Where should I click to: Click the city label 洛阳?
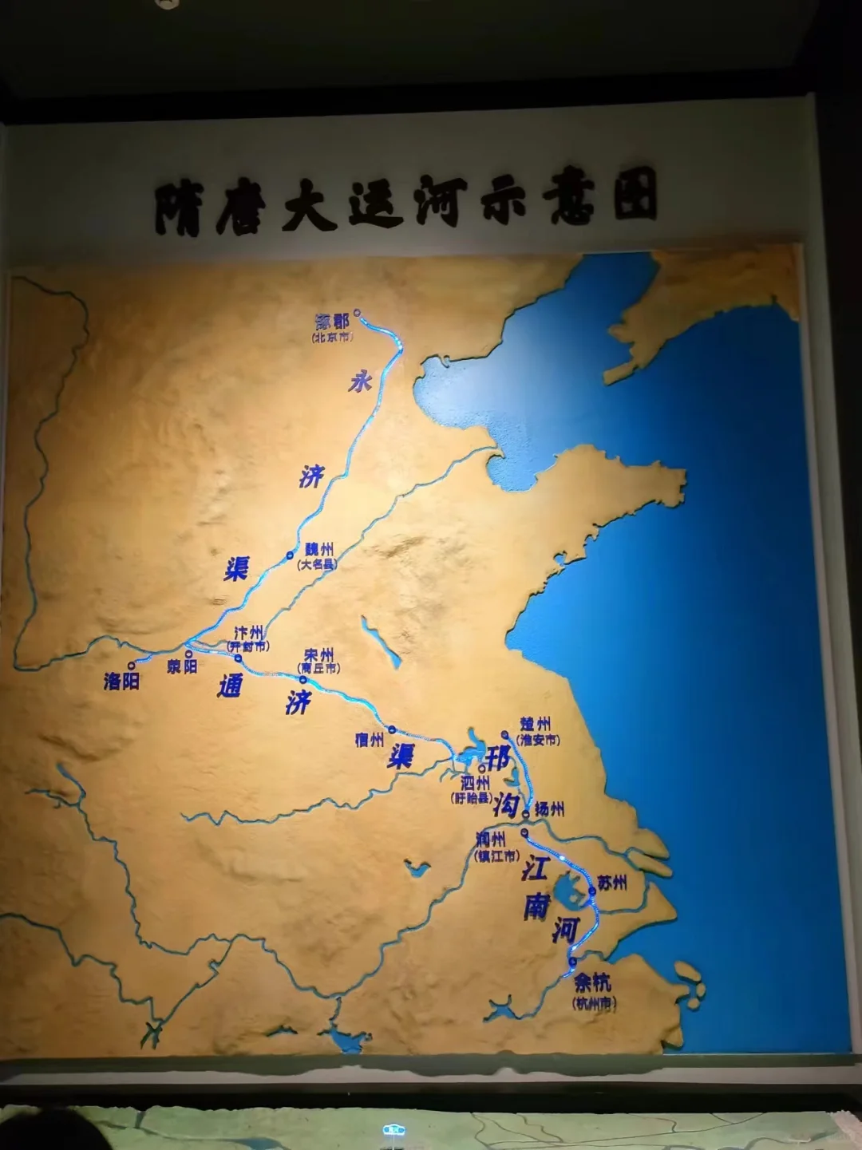point(121,681)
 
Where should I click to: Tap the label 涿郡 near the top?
point(333,322)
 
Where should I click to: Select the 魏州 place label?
point(318,550)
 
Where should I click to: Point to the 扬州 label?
point(549,808)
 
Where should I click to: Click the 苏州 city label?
point(611,883)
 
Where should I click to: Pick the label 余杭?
point(592,981)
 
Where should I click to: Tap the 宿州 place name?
point(370,740)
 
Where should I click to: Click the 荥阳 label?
point(182,666)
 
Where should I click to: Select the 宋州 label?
point(318,655)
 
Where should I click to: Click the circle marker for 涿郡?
point(358,313)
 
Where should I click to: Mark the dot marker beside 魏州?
point(291,555)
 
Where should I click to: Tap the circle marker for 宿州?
point(392,729)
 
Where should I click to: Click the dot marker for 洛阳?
point(132,665)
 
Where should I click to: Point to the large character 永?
point(359,382)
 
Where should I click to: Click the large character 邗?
point(498,757)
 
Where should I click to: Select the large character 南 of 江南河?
point(536,906)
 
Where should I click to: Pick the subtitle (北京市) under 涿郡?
point(332,338)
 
